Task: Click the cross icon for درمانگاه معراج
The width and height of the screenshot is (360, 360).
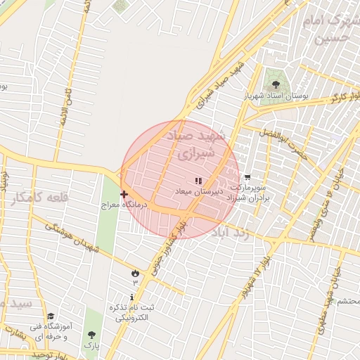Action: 124,194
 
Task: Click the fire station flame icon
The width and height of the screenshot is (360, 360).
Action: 135,272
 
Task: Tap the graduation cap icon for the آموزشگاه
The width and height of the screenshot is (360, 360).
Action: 51,317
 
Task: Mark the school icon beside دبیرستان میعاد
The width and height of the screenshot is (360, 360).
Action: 198,181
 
